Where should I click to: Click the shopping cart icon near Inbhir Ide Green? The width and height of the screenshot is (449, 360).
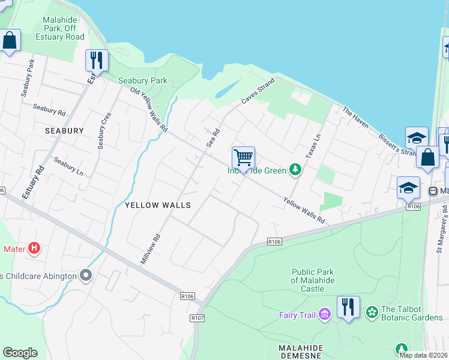coord(244,158)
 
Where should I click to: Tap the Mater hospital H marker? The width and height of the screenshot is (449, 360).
coord(34,248)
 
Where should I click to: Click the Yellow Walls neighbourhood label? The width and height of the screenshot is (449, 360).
coord(157,205)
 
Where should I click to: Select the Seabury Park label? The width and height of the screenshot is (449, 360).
coord(143,80)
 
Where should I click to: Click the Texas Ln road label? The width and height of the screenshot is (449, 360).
coord(313,146)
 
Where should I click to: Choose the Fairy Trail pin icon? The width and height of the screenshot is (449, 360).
coord(324,314)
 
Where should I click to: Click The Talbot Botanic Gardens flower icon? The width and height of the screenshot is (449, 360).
coord(372,312)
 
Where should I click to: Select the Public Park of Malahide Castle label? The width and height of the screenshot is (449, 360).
coord(312,280)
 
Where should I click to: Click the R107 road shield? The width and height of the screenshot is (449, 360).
coord(197,317)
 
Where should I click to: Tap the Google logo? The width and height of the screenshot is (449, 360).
coord(20,353)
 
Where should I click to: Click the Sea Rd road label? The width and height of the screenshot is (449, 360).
coord(213,137)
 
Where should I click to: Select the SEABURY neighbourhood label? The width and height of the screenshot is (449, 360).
coord(64,130)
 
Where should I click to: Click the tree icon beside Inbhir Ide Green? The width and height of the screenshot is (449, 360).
coord(295,170)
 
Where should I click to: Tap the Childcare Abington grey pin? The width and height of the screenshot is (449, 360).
coord(86,275)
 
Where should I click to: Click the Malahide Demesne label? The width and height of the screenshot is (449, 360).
coord(309,348)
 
